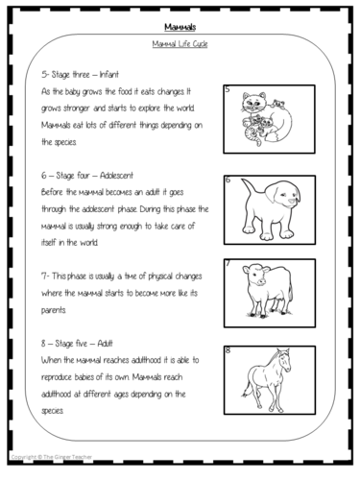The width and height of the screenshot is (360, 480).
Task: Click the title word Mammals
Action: click(x=180, y=27)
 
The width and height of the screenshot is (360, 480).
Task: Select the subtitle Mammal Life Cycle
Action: click(x=180, y=44)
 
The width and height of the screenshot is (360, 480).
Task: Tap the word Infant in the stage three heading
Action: click(x=109, y=75)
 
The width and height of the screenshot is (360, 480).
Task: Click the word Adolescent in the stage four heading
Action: click(x=116, y=176)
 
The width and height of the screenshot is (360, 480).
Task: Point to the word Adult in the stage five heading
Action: click(x=105, y=344)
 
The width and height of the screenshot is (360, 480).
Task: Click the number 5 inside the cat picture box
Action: click(x=228, y=89)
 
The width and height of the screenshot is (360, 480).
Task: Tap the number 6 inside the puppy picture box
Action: click(x=228, y=180)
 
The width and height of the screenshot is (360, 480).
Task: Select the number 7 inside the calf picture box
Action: click(x=228, y=263)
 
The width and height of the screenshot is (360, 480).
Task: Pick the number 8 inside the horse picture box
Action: click(x=228, y=350)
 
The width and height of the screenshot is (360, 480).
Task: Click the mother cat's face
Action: click(x=254, y=103)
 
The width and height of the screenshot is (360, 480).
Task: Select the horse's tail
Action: click(x=247, y=388)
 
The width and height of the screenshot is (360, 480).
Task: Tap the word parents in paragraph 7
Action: click(x=54, y=310)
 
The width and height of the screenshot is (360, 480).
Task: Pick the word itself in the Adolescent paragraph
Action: click(x=48, y=242)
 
